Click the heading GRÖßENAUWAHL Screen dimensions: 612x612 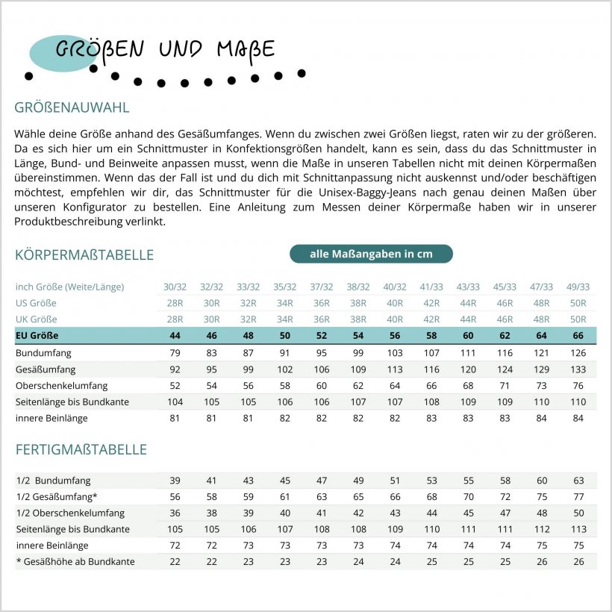[x=72, y=107]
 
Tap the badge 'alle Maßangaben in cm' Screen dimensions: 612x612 [x=371, y=254]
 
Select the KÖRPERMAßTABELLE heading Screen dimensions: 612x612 [x=84, y=255]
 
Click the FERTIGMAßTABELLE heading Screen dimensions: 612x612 [x=81, y=450]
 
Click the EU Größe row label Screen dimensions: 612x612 [x=37, y=336]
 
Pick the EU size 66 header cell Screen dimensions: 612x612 [x=578, y=336]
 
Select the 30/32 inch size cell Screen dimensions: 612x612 [x=175, y=287]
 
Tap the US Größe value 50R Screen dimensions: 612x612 [x=578, y=303]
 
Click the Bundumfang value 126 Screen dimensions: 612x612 [x=578, y=352]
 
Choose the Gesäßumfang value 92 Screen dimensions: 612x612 [x=175, y=369]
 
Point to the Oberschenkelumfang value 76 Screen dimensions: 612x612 [x=578, y=385]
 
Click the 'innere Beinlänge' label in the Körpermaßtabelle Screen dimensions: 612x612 [x=51, y=418]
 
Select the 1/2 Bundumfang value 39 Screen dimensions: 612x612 [x=175, y=481]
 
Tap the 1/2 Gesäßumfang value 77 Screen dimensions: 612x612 [x=578, y=497]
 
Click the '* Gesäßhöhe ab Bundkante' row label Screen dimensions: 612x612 [x=75, y=561]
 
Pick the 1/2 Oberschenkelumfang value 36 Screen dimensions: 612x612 [x=175, y=513]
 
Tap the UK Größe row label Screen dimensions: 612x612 [x=35, y=319]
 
